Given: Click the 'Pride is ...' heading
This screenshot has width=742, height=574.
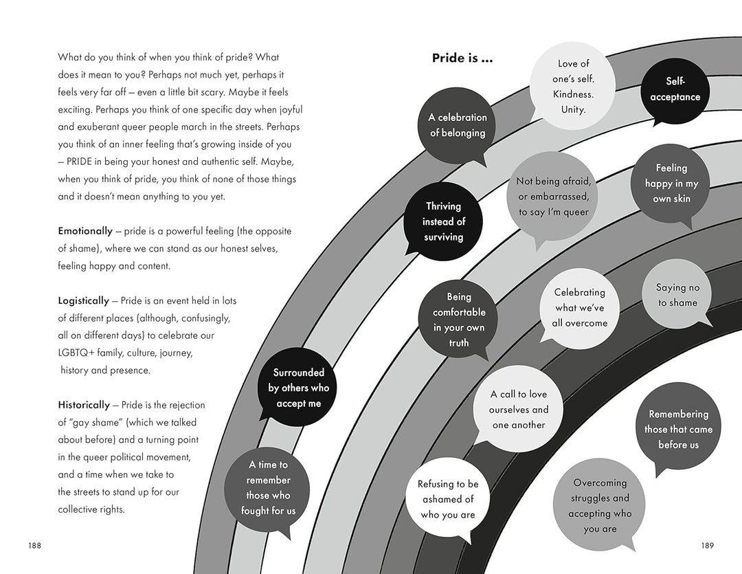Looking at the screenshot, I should [462, 58].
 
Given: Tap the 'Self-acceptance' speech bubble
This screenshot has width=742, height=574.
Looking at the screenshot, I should [675, 89].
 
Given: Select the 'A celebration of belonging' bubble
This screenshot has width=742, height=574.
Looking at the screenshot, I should [458, 125].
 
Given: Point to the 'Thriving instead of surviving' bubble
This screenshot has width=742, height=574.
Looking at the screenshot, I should [443, 221].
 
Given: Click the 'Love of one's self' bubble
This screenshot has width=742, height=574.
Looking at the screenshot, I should [573, 86].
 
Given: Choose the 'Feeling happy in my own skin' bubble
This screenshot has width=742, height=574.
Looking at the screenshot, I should [671, 183].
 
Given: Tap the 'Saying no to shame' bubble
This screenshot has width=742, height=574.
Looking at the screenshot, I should [677, 295].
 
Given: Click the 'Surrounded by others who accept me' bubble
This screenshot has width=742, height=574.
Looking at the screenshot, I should [299, 388].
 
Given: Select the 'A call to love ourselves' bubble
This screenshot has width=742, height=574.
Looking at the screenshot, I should [519, 409].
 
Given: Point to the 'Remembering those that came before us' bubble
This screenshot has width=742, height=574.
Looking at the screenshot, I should [678, 429].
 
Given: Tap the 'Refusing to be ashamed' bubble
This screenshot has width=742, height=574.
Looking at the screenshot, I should [448, 499].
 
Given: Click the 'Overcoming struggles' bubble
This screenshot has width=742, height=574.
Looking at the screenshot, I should [600, 505].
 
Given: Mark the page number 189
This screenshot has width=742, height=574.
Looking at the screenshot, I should [708, 546].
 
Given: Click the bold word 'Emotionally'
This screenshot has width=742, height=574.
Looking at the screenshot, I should [85, 231].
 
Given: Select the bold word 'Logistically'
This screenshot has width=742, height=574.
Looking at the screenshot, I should [83, 300].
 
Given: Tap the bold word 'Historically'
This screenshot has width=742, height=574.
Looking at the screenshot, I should [84, 405].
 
